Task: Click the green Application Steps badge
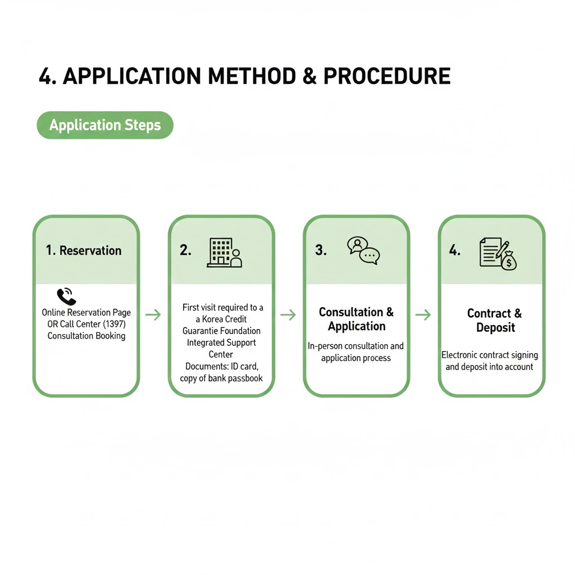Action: point(105,125)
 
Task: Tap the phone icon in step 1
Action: point(66,296)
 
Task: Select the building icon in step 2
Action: point(225,252)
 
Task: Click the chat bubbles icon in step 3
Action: point(363,250)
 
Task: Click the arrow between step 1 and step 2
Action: point(153,314)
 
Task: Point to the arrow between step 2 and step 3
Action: point(288,314)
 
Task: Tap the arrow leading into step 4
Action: point(423,314)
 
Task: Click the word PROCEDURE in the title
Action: point(387,76)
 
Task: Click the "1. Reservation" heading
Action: point(84,250)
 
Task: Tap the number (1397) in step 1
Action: point(113,324)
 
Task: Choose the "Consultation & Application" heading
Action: point(357,319)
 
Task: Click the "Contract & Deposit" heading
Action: point(495,320)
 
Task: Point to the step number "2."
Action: point(185,250)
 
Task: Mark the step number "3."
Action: point(321,250)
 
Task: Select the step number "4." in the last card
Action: point(455,250)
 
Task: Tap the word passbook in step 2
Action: point(245,378)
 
